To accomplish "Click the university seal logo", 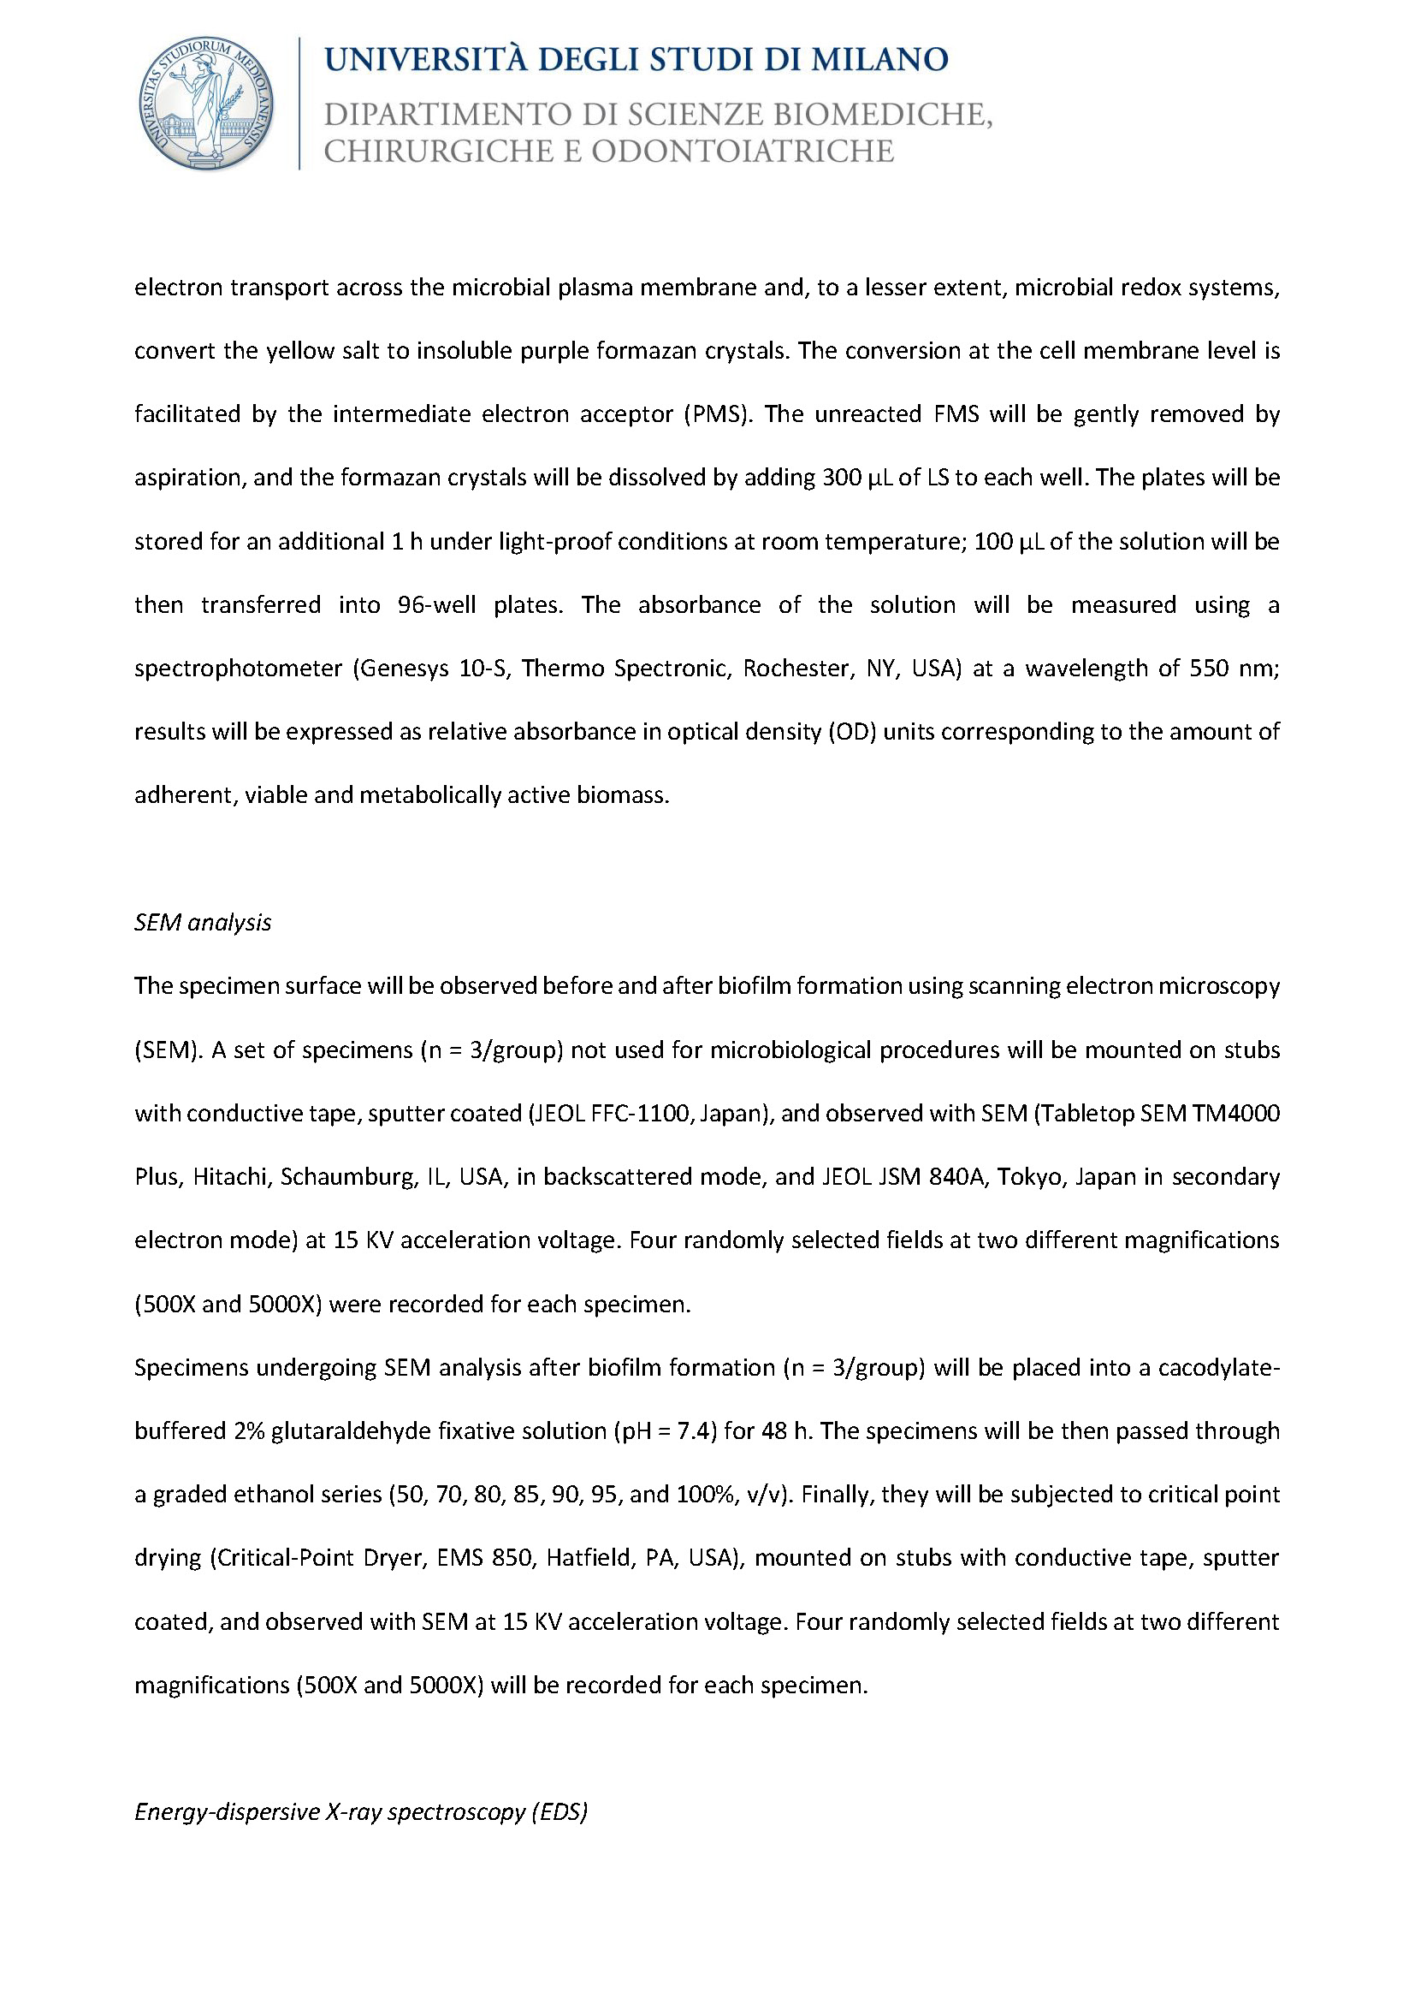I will (x=206, y=104).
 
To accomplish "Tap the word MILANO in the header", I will (x=879, y=59).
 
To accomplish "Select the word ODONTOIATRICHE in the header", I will (x=743, y=151).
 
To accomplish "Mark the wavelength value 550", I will (x=1211, y=669).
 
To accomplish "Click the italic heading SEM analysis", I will (x=203, y=922).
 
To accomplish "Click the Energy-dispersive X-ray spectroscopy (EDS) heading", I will (x=361, y=1812).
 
